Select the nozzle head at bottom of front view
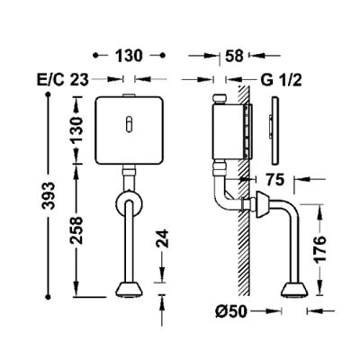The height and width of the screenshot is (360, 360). click(130, 290)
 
